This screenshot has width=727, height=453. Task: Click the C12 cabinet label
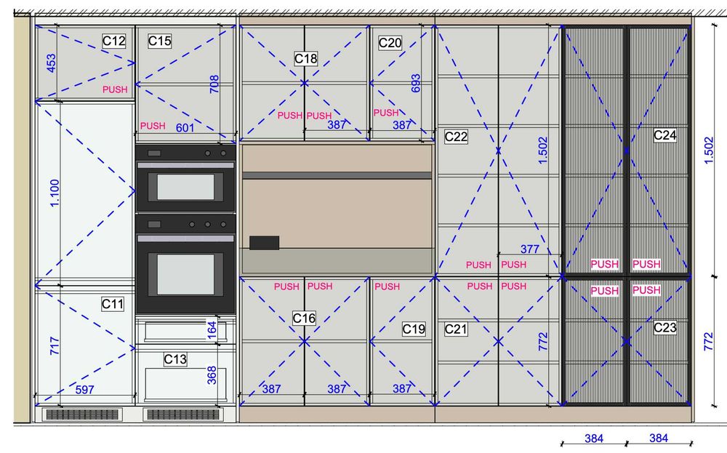pyautogui.click(x=114, y=41)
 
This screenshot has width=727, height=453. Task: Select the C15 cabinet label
pyautogui.click(x=159, y=41)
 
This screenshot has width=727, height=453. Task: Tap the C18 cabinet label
pyautogui.click(x=305, y=59)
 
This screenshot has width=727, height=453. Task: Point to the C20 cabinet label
pyautogui.click(x=390, y=43)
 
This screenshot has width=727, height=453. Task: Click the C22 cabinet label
pyautogui.click(x=456, y=137)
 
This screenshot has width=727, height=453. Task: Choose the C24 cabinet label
pyautogui.click(x=665, y=135)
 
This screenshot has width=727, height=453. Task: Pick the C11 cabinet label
pyautogui.click(x=113, y=304)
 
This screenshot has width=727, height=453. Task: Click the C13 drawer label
pyautogui.click(x=175, y=359)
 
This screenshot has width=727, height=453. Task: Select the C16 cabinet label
pyautogui.click(x=304, y=318)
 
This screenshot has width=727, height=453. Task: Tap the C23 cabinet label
pyautogui.click(x=665, y=328)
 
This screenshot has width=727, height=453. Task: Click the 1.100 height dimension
pyautogui.click(x=55, y=193)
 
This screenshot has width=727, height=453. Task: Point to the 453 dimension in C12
pyautogui.click(x=51, y=63)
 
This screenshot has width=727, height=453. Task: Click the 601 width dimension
pyautogui.click(x=185, y=127)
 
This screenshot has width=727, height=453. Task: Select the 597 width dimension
pyautogui.click(x=84, y=390)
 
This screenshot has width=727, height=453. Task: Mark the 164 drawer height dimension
pyautogui.click(x=212, y=329)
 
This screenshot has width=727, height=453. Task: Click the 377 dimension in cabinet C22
pyautogui.click(x=529, y=249)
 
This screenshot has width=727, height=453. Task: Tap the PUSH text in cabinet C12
pyautogui.click(x=115, y=89)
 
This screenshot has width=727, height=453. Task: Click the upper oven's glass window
pyautogui.click(x=185, y=187)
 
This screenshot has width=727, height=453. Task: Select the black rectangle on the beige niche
pyautogui.click(x=265, y=242)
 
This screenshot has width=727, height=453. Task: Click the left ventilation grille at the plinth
pyautogui.click(x=82, y=414)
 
